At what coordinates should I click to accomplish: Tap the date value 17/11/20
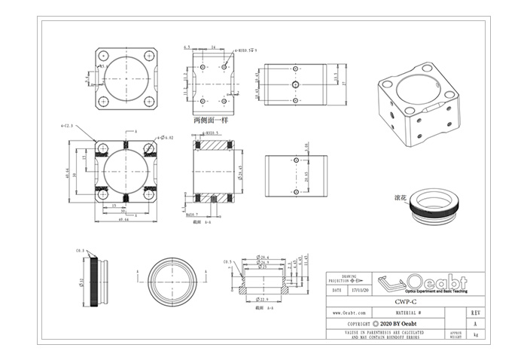pos(361,288)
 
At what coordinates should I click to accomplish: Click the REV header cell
pos(474,311)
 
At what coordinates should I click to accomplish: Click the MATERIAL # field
pos(414,311)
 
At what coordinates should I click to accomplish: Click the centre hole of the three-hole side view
pos(296,85)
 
